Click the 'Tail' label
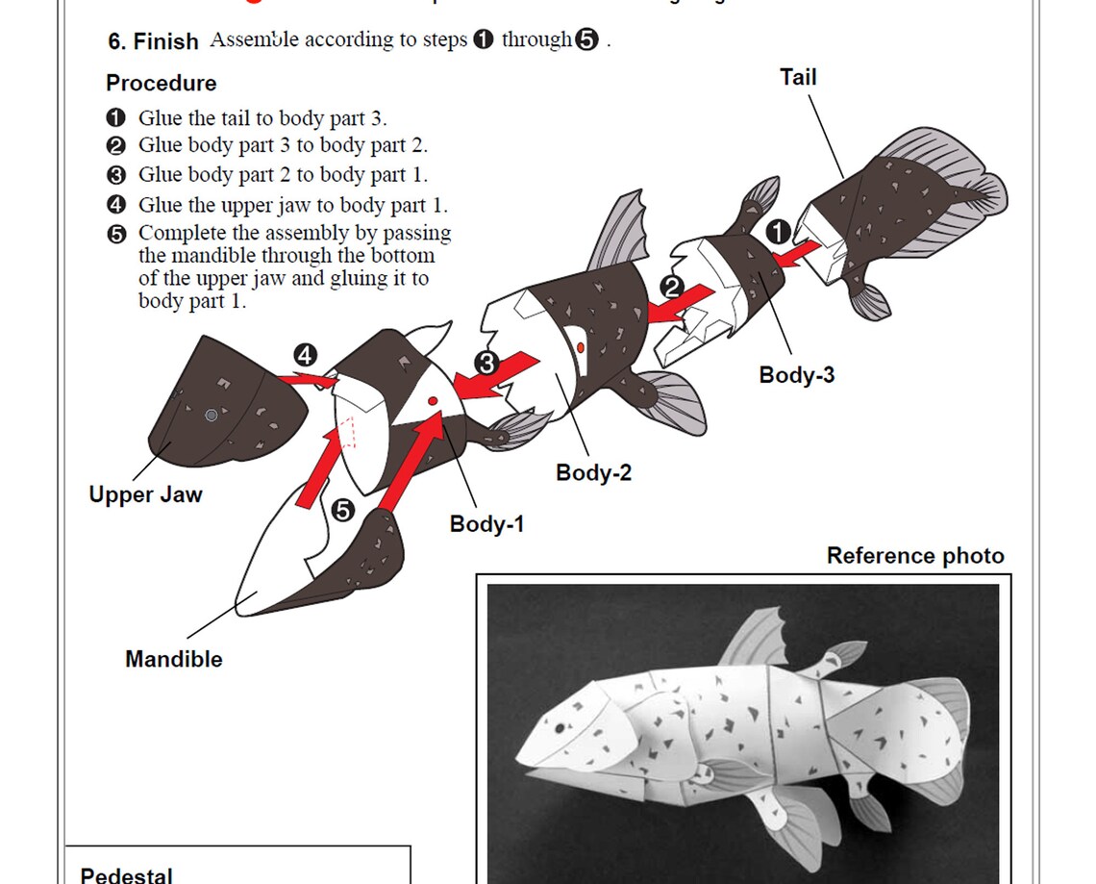tap(798, 77)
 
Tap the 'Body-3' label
tap(796, 375)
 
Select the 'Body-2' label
tap(593, 472)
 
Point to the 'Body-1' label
tap(487, 524)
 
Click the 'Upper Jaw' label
tap(145, 494)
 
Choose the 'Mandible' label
tap(173, 659)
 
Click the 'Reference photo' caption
tap(914, 556)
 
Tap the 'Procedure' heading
tap(161, 83)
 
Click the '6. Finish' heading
tap(153, 41)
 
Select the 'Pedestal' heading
tap(126, 874)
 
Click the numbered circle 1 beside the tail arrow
tap(778, 232)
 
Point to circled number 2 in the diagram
tap(671, 287)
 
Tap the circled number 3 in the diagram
tap(486, 364)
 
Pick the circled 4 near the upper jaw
tap(305, 355)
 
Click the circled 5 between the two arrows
tap(342, 510)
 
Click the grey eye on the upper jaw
tap(212, 416)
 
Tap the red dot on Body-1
tap(432, 400)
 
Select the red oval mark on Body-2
tap(581, 346)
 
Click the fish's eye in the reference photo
tap(559, 729)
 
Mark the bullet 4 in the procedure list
tap(116, 205)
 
